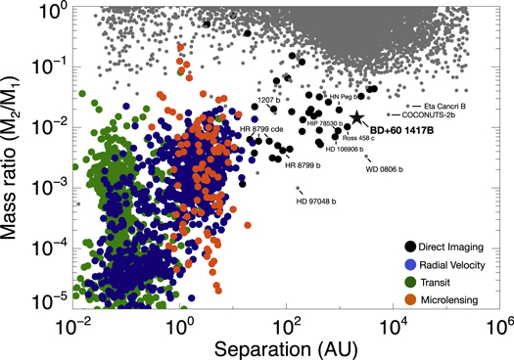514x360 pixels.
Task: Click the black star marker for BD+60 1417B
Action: pyautogui.click(x=356, y=117)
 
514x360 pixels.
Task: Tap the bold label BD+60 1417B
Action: pyautogui.click(x=400, y=128)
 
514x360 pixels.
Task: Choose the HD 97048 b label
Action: pyautogui.click(x=315, y=202)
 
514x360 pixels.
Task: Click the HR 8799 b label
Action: pyautogui.click(x=303, y=164)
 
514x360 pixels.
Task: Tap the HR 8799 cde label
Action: pyautogui.click(x=260, y=129)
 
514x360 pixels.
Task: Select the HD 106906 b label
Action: pyautogui.click(x=347, y=149)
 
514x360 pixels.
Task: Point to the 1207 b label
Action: pyautogui.click(x=270, y=99)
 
